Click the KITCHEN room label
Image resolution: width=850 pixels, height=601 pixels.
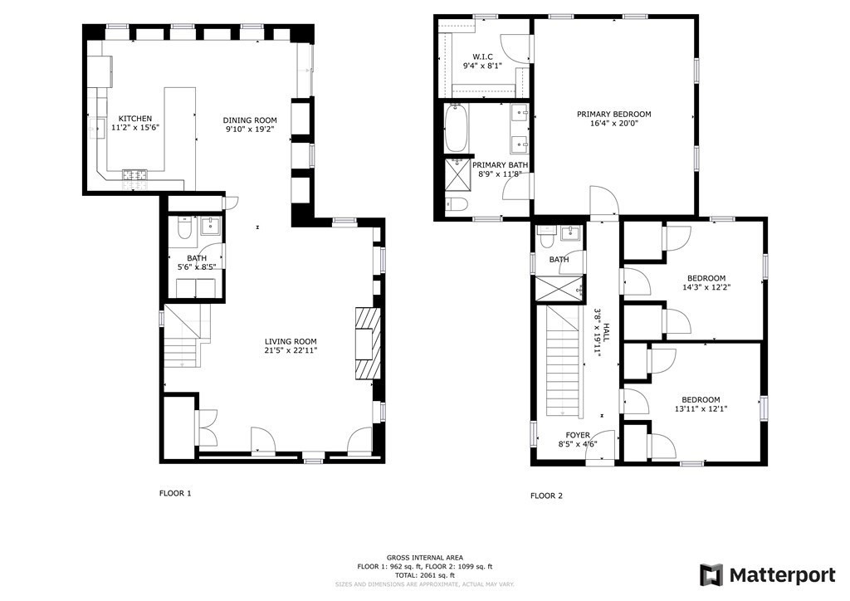pyautogui.click(x=134, y=119)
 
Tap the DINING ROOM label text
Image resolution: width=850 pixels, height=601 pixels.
pyautogui.click(x=250, y=120)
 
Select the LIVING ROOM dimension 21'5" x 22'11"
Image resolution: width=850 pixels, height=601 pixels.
pyautogui.click(x=291, y=351)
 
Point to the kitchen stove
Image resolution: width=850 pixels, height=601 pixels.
pyautogui.click(x=134, y=174)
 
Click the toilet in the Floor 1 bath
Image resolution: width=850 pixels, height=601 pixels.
pyautogui.click(x=185, y=227)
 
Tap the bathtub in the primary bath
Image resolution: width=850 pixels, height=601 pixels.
pyautogui.click(x=456, y=129)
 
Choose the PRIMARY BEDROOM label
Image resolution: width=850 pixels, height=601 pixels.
pyautogui.click(x=614, y=115)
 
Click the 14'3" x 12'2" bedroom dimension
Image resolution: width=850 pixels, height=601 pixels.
pyautogui.click(x=706, y=288)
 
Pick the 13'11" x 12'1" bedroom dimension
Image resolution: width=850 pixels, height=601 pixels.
pyautogui.click(x=701, y=409)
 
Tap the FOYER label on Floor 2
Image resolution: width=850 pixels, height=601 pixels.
pyautogui.click(x=578, y=435)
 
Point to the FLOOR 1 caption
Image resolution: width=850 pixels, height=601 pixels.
pyautogui.click(x=175, y=493)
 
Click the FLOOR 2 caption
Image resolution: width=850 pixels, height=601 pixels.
pyautogui.click(x=546, y=496)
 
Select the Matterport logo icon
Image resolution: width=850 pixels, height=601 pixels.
pyautogui.click(x=711, y=574)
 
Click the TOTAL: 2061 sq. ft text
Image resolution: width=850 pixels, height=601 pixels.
pyautogui.click(x=425, y=575)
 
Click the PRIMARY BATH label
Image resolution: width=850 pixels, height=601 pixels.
pyautogui.click(x=500, y=165)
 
